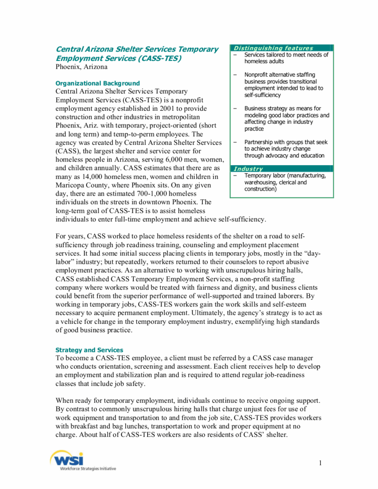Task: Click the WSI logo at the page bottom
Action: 67,458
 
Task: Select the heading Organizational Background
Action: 97,83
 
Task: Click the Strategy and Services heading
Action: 89,350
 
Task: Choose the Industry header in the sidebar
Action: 248,169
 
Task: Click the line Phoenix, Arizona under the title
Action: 81,67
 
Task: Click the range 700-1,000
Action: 147,194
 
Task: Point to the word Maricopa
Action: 72,185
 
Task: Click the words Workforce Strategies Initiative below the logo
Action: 88,469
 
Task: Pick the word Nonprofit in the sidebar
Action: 256,75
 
